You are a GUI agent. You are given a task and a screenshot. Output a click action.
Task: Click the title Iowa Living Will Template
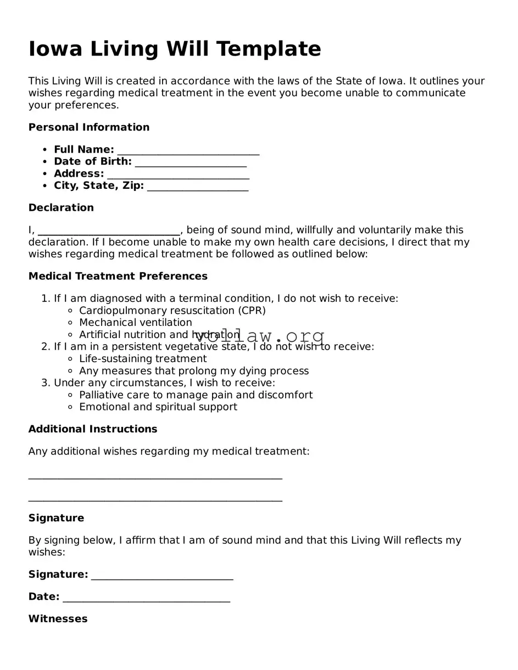click(175, 49)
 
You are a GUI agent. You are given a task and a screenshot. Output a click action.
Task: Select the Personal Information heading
click(89, 127)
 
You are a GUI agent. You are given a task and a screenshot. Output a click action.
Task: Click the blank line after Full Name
click(188, 151)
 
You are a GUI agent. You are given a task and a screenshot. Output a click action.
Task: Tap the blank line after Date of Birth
click(190, 163)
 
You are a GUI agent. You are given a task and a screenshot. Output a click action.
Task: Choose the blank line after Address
click(178, 175)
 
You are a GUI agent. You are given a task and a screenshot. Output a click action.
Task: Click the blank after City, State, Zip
click(198, 187)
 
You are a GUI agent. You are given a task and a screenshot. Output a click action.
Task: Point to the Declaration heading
click(61, 207)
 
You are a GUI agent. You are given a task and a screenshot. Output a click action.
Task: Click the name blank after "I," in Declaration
click(109, 231)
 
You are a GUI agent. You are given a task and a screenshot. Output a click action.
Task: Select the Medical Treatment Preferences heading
click(118, 276)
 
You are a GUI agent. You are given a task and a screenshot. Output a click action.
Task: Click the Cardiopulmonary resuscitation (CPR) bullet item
click(172, 311)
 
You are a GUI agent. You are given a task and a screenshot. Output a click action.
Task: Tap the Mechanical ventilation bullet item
click(135, 323)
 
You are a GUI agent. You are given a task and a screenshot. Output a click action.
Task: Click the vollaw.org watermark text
click(259, 336)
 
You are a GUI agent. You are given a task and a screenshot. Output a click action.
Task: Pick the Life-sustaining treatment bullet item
click(143, 359)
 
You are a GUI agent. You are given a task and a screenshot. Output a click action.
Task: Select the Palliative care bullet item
click(196, 395)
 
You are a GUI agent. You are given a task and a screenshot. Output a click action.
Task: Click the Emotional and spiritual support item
click(158, 407)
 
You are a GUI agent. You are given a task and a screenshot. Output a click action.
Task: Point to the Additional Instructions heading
click(93, 429)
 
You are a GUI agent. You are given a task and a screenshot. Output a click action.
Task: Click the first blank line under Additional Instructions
click(155, 476)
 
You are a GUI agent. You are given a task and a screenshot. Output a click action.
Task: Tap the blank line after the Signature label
click(162, 576)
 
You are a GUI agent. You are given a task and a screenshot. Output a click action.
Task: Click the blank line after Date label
click(146, 599)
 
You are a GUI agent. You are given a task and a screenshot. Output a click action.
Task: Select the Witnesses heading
click(58, 619)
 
